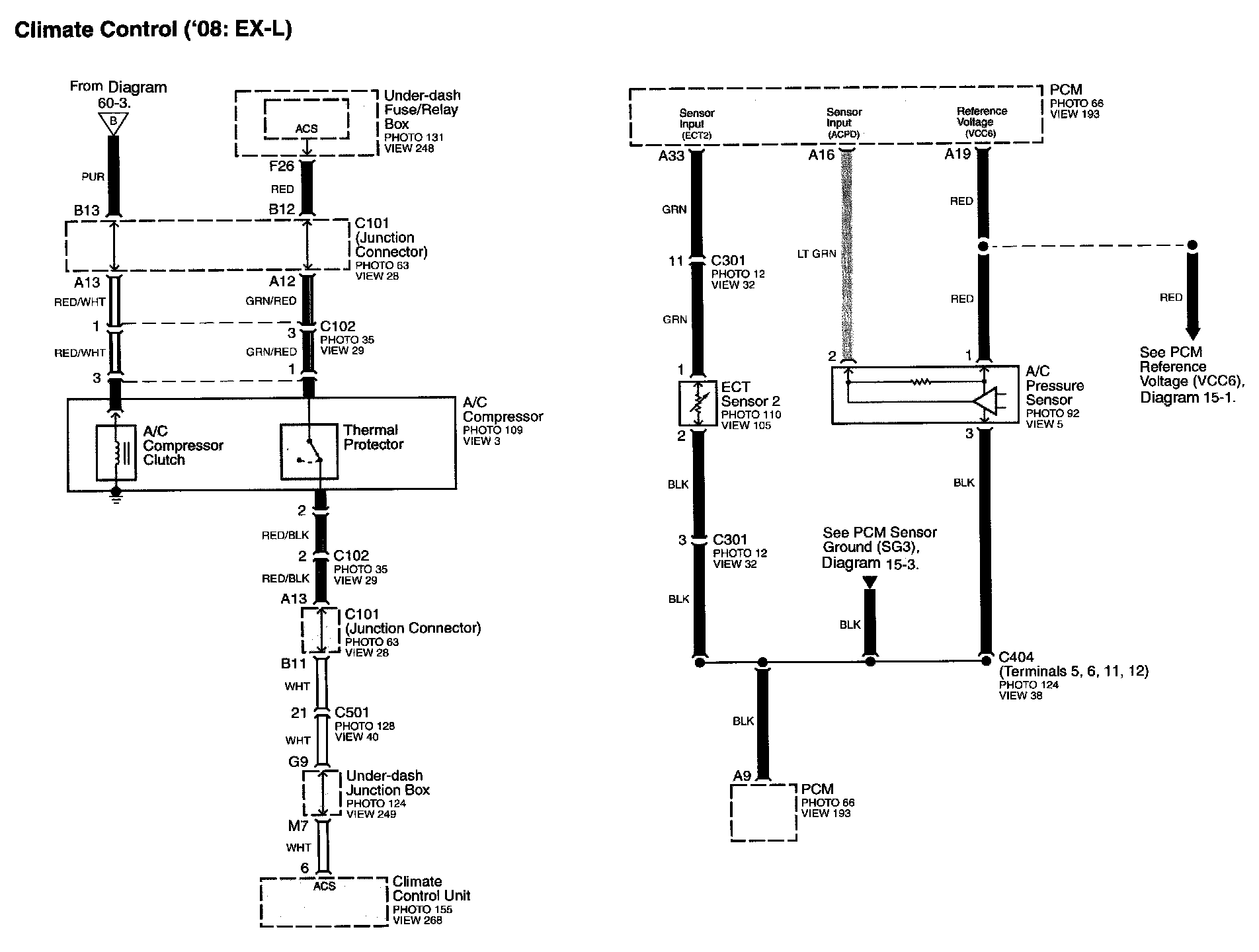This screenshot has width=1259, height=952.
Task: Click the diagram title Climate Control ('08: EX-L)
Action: pos(153,29)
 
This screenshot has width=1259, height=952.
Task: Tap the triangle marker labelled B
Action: pos(113,122)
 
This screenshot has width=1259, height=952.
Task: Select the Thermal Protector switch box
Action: pos(309,452)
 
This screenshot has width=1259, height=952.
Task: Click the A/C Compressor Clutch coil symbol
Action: pos(116,452)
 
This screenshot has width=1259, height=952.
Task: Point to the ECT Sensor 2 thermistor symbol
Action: pos(698,403)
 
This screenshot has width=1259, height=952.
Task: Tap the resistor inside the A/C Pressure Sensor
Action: pos(920,382)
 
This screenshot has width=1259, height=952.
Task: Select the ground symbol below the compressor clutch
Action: pos(116,496)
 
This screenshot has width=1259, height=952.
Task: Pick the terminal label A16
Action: pos(821,155)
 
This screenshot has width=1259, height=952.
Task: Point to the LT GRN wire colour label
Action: pos(817,254)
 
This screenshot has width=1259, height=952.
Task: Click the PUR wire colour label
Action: pos(93,177)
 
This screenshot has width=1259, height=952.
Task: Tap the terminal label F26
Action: pos(281,166)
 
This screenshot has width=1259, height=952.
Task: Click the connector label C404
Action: pos(1016,657)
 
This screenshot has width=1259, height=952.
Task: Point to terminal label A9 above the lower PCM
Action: pos(742,775)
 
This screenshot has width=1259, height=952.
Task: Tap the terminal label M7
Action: pos(298,826)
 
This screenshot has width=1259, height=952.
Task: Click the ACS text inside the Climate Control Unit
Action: pos(324,886)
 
